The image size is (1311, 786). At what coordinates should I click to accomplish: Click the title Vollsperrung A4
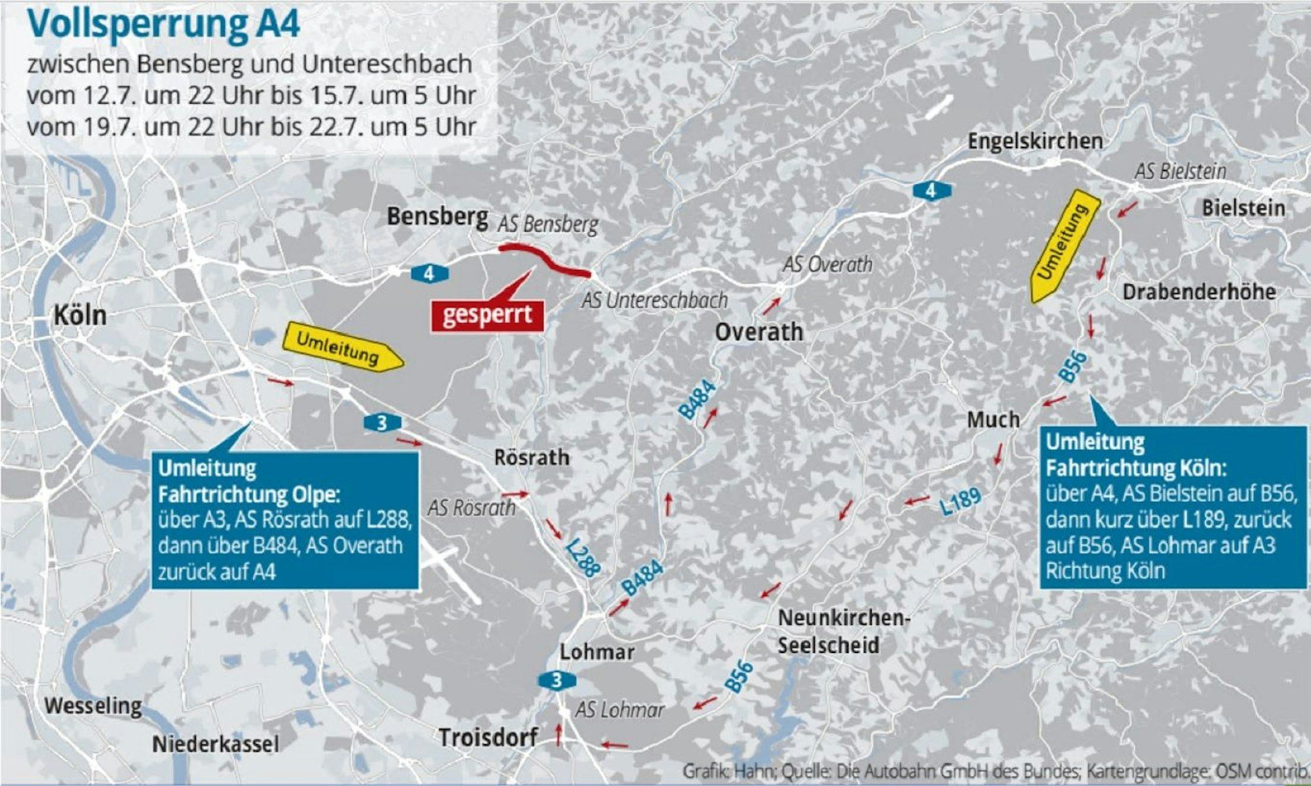163,25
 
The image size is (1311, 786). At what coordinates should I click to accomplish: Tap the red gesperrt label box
487,315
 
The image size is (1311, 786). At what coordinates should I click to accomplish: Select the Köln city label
80,316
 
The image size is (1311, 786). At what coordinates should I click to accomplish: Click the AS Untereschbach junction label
654,301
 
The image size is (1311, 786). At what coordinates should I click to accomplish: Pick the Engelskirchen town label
1035,141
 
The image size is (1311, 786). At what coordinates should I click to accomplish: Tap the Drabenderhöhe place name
1199,291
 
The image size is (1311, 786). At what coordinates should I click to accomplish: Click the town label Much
993,419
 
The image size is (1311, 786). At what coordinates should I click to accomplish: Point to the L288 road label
583,558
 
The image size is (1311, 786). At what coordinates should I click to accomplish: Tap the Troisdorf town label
488,738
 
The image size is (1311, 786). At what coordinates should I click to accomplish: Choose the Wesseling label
93,706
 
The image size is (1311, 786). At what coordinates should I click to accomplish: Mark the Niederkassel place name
216,744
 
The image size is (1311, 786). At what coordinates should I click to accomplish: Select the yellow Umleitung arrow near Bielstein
1062,246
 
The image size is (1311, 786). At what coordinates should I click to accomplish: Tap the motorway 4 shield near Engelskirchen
930,191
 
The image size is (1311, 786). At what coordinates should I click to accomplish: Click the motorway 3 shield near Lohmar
556,681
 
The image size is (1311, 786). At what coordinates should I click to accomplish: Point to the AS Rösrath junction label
471,508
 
